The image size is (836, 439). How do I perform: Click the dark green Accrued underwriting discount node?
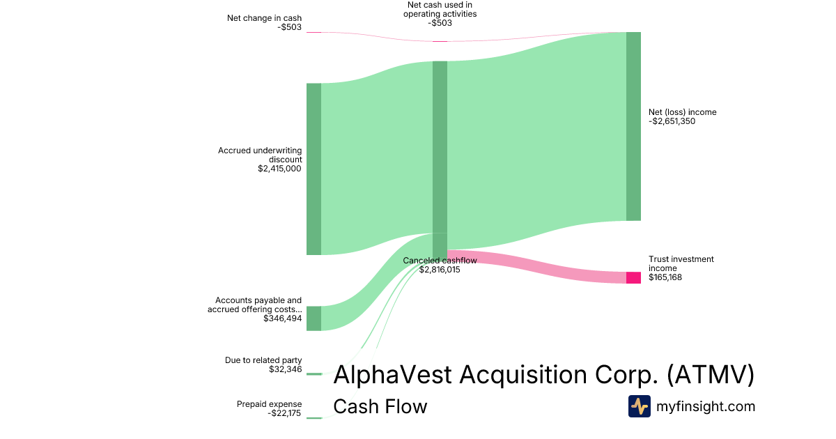click(314, 169)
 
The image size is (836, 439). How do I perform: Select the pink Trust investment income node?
click(634, 278)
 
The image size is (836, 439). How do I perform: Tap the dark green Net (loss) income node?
click(634, 127)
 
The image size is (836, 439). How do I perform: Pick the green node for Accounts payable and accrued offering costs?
click(314, 318)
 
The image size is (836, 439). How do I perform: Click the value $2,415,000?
click(279, 169)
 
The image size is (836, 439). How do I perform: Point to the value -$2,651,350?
click(672, 121)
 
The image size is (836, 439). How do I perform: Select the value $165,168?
click(665, 277)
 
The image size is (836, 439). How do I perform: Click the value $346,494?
click(283, 318)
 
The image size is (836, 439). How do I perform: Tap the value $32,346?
click(286, 369)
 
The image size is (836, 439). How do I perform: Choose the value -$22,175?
click(284, 413)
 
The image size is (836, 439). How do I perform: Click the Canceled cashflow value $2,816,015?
click(440, 270)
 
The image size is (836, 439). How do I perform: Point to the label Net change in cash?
click(264, 18)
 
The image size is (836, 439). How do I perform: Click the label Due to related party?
click(263, 360)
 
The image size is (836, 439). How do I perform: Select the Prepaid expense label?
click(269, 404)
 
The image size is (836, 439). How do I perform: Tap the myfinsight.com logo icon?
click(640, 406)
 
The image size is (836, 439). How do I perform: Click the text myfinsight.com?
click(706, 406)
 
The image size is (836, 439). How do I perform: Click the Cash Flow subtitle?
click(380, 406)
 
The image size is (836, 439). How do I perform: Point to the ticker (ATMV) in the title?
click(711, 374)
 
